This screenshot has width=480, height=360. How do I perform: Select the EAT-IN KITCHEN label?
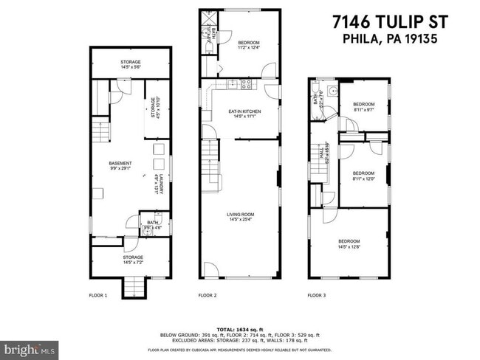click(x=244, y=113)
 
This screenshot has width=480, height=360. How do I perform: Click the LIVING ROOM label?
click(x=242, y=216)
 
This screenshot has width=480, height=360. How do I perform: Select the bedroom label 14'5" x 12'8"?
click(x=349, y=244)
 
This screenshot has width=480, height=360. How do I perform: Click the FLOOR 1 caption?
click(x=99, y=296)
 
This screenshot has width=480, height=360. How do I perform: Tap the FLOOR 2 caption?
click(x=208, y=296)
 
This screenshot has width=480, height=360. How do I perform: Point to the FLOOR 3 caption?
click(x=317, y=296)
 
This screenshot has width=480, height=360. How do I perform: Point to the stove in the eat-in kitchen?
click(x=247, y=84)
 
